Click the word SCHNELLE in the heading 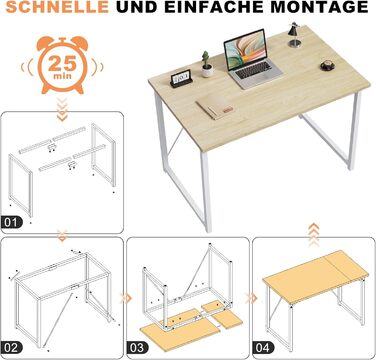point(57,7)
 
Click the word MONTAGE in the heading point(319,7)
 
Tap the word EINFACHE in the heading point(215,7)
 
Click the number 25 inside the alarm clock point(62,63)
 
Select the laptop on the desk point(252,59)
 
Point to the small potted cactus point(207,65)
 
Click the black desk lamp point(294,35)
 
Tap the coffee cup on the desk point(328,65)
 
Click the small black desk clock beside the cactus point(181,79)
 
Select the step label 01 point(12,222)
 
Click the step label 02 point(12,348)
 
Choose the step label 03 point(137,348)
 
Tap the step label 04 point(263,348)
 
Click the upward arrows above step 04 point(314,235)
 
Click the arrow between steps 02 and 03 point(126,298)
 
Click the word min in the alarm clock point(62,76)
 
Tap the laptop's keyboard point(253,70)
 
